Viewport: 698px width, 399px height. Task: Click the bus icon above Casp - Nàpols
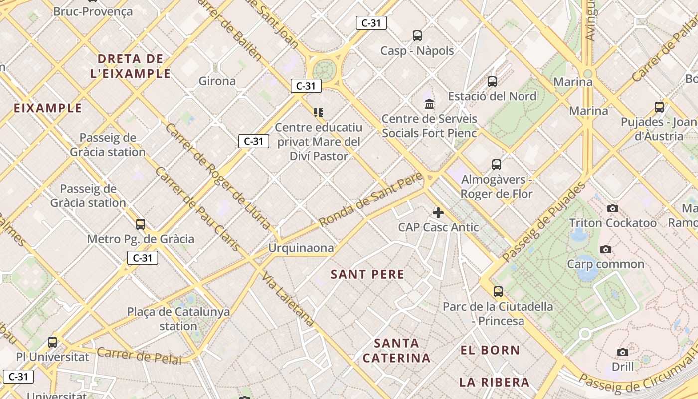(x=417, y=36)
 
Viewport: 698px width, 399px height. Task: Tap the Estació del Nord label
(x=492, y=96)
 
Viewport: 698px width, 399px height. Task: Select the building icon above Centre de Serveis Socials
(x=429, y=104)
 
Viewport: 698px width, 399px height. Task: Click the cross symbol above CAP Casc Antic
(x=438, y=213)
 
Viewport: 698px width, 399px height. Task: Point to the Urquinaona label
(x=301, y=248)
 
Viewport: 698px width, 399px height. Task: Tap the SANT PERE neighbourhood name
(x=367, y=274)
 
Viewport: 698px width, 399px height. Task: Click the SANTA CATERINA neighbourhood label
(x=396, y=351)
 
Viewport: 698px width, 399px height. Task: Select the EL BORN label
(x=490, y=350)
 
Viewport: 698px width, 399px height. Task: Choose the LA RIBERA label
(x=494, y=383)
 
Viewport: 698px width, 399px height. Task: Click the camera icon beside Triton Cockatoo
(x=613, y=208)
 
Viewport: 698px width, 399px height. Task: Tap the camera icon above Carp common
(x=606, y=249)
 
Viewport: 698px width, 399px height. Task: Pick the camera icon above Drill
(x=623, y=353)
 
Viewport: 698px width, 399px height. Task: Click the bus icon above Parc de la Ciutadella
(x=498, y=292)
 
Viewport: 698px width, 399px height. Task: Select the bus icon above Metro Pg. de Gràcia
(x=141, y=224)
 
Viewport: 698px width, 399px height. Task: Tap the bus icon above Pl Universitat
(x=52, y=342)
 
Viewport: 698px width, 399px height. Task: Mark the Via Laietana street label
(x=289, y=300)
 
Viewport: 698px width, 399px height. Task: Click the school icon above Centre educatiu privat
(x=319, y=113)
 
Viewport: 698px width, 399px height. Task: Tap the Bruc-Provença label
(x=93, y=11)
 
